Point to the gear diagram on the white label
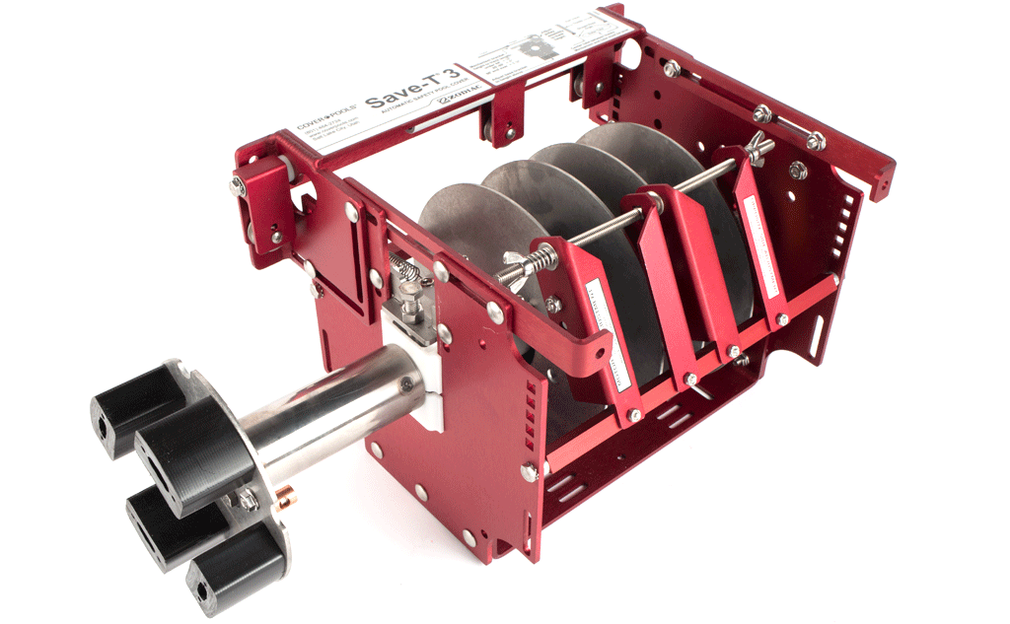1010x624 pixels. [539, 44]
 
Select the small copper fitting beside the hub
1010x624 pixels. [290, 490]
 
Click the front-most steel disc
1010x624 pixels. [464, 232]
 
